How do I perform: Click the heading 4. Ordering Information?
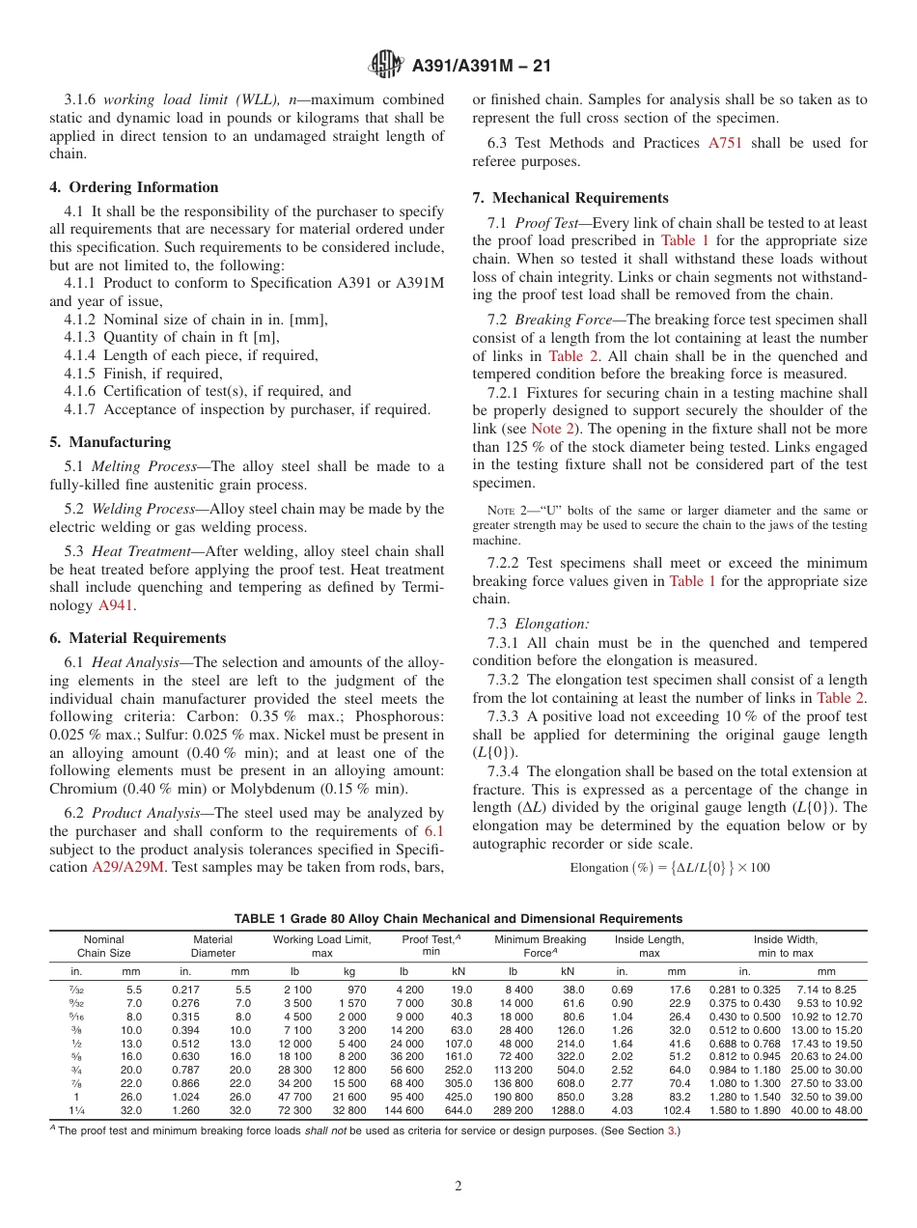133,187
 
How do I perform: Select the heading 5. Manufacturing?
110,442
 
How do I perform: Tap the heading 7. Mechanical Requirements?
570,198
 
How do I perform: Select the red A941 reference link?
116,606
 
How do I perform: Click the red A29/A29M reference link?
128,867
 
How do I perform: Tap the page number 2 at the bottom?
458,1186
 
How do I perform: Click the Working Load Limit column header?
321,945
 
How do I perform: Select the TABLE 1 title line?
458,918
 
